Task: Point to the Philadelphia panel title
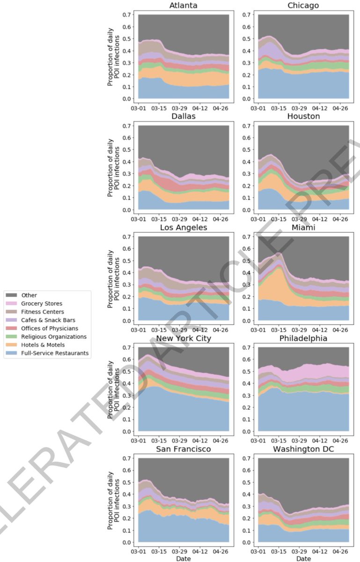303,338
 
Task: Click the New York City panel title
183,338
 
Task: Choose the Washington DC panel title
303,449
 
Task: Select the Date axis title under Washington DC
303,558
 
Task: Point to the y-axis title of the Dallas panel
110,167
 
